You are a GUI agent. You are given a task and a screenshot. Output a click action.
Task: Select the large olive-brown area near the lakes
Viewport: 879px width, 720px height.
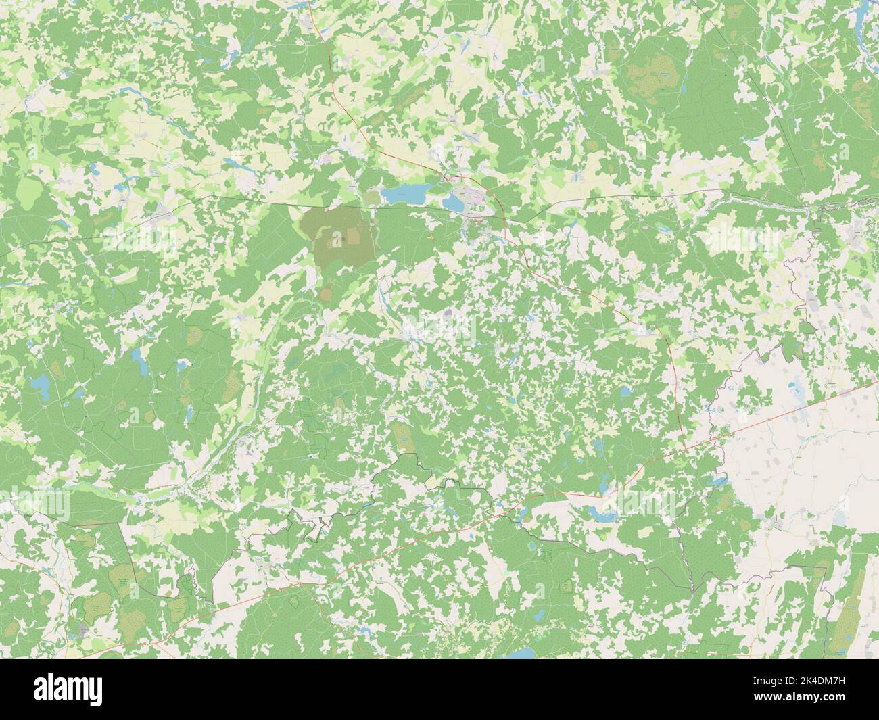pyautogui.click(x=341, y=237)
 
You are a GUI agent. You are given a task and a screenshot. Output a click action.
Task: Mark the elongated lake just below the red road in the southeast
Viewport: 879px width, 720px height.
pyautogui.click(x=604, y=514)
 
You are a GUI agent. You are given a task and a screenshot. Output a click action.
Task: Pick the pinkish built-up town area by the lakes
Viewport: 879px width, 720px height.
pyautogui.click(x=477, y=196)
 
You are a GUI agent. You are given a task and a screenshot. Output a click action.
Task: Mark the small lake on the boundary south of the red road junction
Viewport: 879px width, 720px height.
pyautogui.click(x=717, y=481)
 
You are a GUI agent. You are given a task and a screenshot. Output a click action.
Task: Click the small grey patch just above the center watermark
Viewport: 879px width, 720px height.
pyautogui.click(x=448, y=314)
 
